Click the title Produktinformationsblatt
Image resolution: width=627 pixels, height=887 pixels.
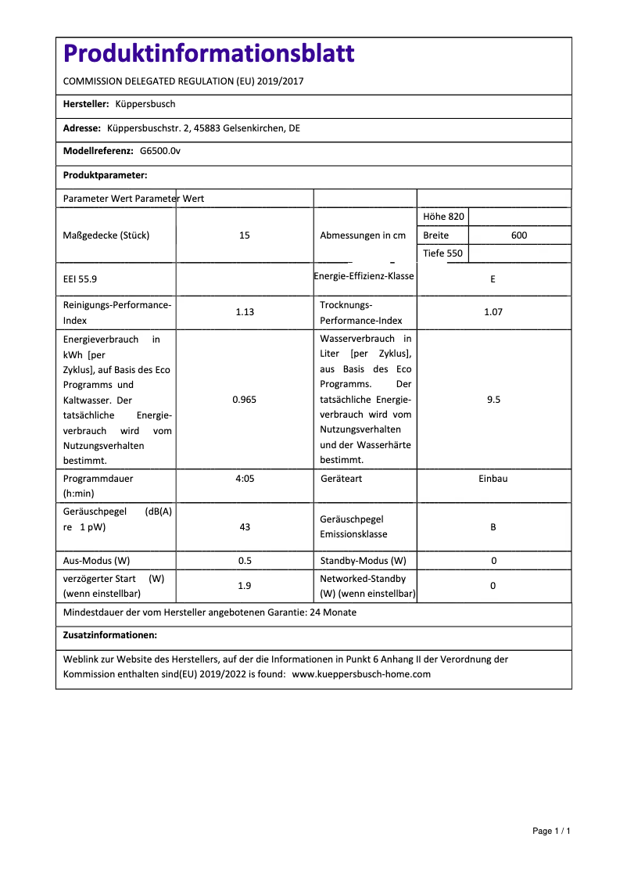coord(208,54)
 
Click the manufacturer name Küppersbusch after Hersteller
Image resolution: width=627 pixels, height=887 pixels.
coord(145,104)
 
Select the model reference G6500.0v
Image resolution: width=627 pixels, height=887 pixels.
coord(160,151)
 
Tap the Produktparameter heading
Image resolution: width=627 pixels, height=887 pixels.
coord(105,175)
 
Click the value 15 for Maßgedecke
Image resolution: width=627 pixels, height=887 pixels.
coord(245,235)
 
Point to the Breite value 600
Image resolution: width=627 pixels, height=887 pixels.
coord(519,235)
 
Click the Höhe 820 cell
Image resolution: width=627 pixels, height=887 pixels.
coord(443,217)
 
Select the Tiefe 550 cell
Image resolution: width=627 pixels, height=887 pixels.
coord(442,253)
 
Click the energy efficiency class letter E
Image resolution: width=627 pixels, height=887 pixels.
coord(493,278)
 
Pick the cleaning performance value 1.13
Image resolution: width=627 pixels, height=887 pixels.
coord(245,312)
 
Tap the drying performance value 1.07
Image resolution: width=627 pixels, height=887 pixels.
coord(493,312)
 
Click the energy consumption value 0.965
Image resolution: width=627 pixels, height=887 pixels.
coord(245,400)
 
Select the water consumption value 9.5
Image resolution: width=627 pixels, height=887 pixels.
coord(493,400)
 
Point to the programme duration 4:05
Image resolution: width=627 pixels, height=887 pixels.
coord(245,478)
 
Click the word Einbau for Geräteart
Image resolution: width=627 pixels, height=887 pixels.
coord(493,478)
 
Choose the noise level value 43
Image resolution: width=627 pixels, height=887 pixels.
coord(245,527)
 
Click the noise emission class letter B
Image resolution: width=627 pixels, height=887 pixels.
coord(493,527)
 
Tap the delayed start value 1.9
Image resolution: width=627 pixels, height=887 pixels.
coord(245,586)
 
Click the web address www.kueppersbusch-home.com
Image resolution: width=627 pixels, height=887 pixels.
coord(361,673)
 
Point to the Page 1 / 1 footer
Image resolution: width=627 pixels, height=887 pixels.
coord(551,831)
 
